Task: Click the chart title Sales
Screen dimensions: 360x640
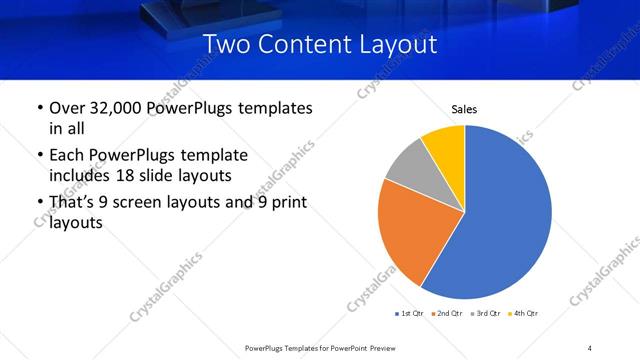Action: click(x=465, y=108)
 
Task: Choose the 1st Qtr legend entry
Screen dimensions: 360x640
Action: click(x=411, y=314)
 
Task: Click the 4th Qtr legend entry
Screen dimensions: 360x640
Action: click(x=524, y=314)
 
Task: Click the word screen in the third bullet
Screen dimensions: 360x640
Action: click(x=157, y=204)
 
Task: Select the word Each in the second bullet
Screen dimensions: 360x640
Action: click(x=66, y=156)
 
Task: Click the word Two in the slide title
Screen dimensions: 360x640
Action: click(x=226, y=45)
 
